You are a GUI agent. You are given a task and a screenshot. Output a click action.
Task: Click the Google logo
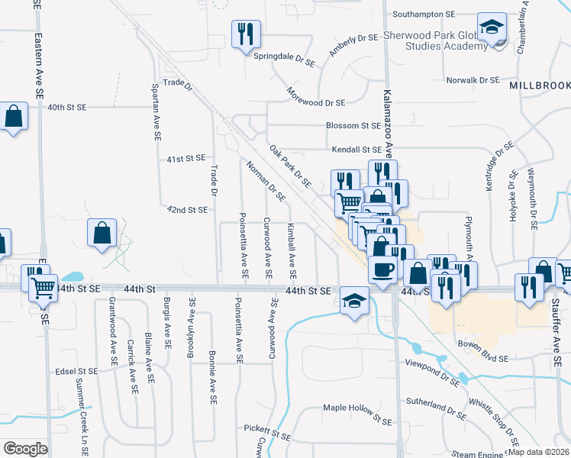(25, 449)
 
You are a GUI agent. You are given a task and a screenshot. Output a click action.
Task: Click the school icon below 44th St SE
(353, 300)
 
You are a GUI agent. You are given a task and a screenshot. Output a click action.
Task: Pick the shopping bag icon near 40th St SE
(14, 117)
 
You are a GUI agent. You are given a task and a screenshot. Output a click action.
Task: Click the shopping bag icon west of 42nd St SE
(102, 234)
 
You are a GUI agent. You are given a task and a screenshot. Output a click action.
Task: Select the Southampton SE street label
(423, 15)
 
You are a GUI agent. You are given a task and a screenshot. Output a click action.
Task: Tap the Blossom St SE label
(353, 125)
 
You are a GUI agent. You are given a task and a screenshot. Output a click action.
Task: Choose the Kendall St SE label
(355, 150)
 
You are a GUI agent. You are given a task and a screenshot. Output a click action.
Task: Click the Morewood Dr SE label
(316, 102)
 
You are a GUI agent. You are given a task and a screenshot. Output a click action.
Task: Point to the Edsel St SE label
(77, 371)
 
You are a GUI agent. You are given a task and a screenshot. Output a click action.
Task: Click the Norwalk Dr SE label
(473, 79)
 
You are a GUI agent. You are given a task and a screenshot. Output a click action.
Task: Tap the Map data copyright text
(537, 452)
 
